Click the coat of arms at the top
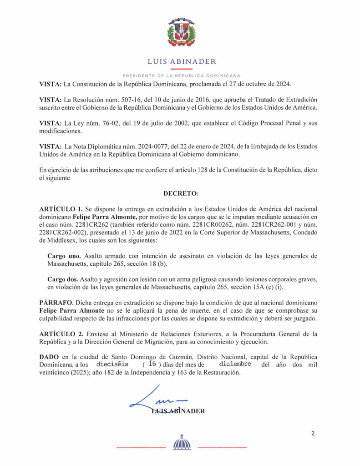(181, 32)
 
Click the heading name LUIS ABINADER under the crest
(182, 61)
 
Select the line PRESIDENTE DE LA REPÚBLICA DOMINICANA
(182, 75)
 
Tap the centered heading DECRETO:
(181, 193)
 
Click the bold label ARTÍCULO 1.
(58, 208)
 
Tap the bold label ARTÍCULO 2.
(58, 334)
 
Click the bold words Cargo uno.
(64, 256)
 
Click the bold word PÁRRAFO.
(56, 302)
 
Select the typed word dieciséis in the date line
(112, 365)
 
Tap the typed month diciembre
(235, 364)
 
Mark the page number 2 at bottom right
(313, 433)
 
